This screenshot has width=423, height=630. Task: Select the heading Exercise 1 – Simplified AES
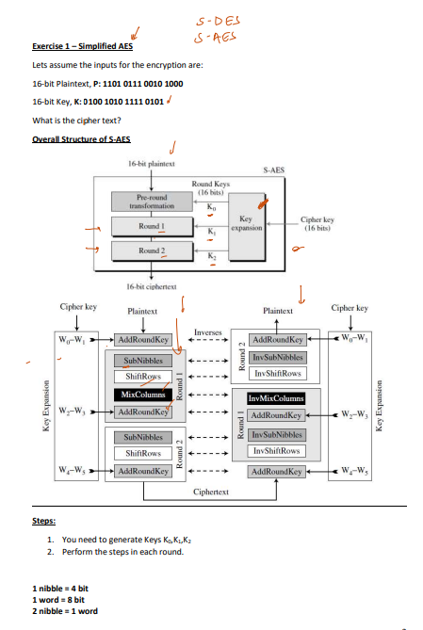[82, 45]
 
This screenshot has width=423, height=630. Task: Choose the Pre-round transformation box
[152, 202]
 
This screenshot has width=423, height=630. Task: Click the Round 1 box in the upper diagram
[153, 227]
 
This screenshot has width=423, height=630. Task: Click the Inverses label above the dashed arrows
[208, 331]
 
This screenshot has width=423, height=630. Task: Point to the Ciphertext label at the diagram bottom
[210, 492]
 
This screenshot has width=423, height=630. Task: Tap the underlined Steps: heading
[44, 519]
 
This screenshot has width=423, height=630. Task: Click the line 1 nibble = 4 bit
[60, 589]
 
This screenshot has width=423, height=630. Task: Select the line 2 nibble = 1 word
[65, 611]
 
